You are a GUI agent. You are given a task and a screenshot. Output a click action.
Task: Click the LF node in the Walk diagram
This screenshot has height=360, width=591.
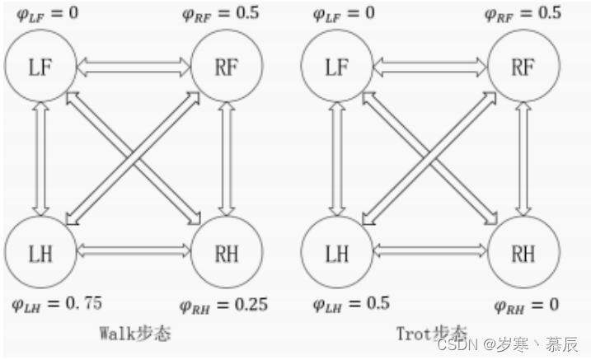click(41, 67)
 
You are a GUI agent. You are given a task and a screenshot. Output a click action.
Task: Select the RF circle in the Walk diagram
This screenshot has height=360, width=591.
click(227, 67)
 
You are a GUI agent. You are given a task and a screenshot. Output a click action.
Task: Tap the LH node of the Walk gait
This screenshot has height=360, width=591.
click(41, 252)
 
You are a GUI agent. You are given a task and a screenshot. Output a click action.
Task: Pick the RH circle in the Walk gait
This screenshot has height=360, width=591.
click(227, 252)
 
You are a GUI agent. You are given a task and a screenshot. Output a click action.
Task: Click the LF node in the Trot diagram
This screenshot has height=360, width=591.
click(336, 67)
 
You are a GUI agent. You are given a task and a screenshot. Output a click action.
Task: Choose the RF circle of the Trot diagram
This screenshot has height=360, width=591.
click(523, 67)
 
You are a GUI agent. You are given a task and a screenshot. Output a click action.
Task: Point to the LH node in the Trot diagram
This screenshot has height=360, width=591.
click(336, 252)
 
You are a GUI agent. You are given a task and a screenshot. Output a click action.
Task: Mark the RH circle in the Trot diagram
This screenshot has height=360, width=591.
click(523, 252)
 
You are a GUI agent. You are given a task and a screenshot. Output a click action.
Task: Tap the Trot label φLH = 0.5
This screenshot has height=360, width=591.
click(350, 303)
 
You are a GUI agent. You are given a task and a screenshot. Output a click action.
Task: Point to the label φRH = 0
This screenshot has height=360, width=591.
click(525, 305)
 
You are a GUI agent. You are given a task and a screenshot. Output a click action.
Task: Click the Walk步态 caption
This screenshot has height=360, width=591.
click(135, 333)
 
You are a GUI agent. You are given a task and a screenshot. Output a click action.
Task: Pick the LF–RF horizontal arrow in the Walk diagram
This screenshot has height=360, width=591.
click(134, 67)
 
